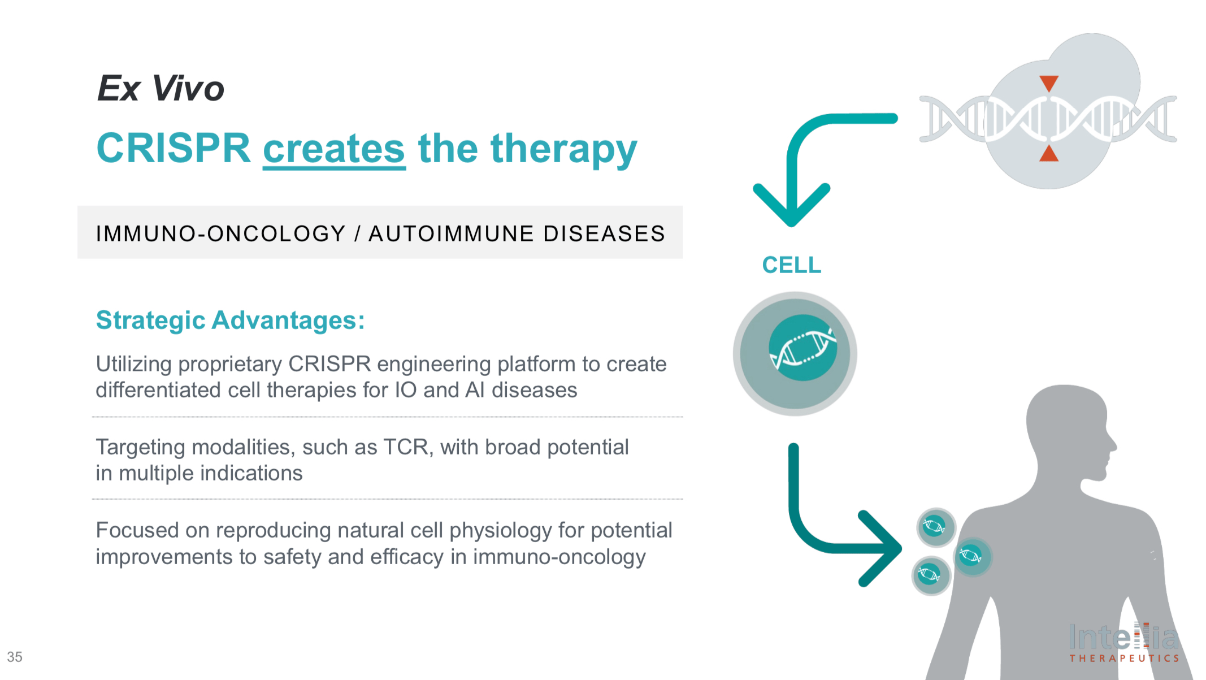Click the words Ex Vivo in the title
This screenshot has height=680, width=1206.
coord(161,89)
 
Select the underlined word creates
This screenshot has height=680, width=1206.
coord(334,149)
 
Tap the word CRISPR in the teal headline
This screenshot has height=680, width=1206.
coord(173,149)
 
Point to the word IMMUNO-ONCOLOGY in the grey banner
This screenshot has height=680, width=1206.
coord(220,233)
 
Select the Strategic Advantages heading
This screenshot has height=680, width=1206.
coord(230,320)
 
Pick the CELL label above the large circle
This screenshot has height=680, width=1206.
coord(791,265)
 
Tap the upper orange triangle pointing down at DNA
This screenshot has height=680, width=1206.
coord(1049,84)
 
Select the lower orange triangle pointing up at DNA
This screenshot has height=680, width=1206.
coord(1049,153)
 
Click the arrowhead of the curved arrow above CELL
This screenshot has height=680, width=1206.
coord(791,209)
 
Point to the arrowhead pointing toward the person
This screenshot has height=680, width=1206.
coord(884,548)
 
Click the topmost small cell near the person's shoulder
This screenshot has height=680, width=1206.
coord(936,527)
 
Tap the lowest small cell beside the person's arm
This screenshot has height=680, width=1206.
coord(931,575)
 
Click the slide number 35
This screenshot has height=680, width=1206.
coord(15,657)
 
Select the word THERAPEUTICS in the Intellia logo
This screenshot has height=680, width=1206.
coord(1123,659)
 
